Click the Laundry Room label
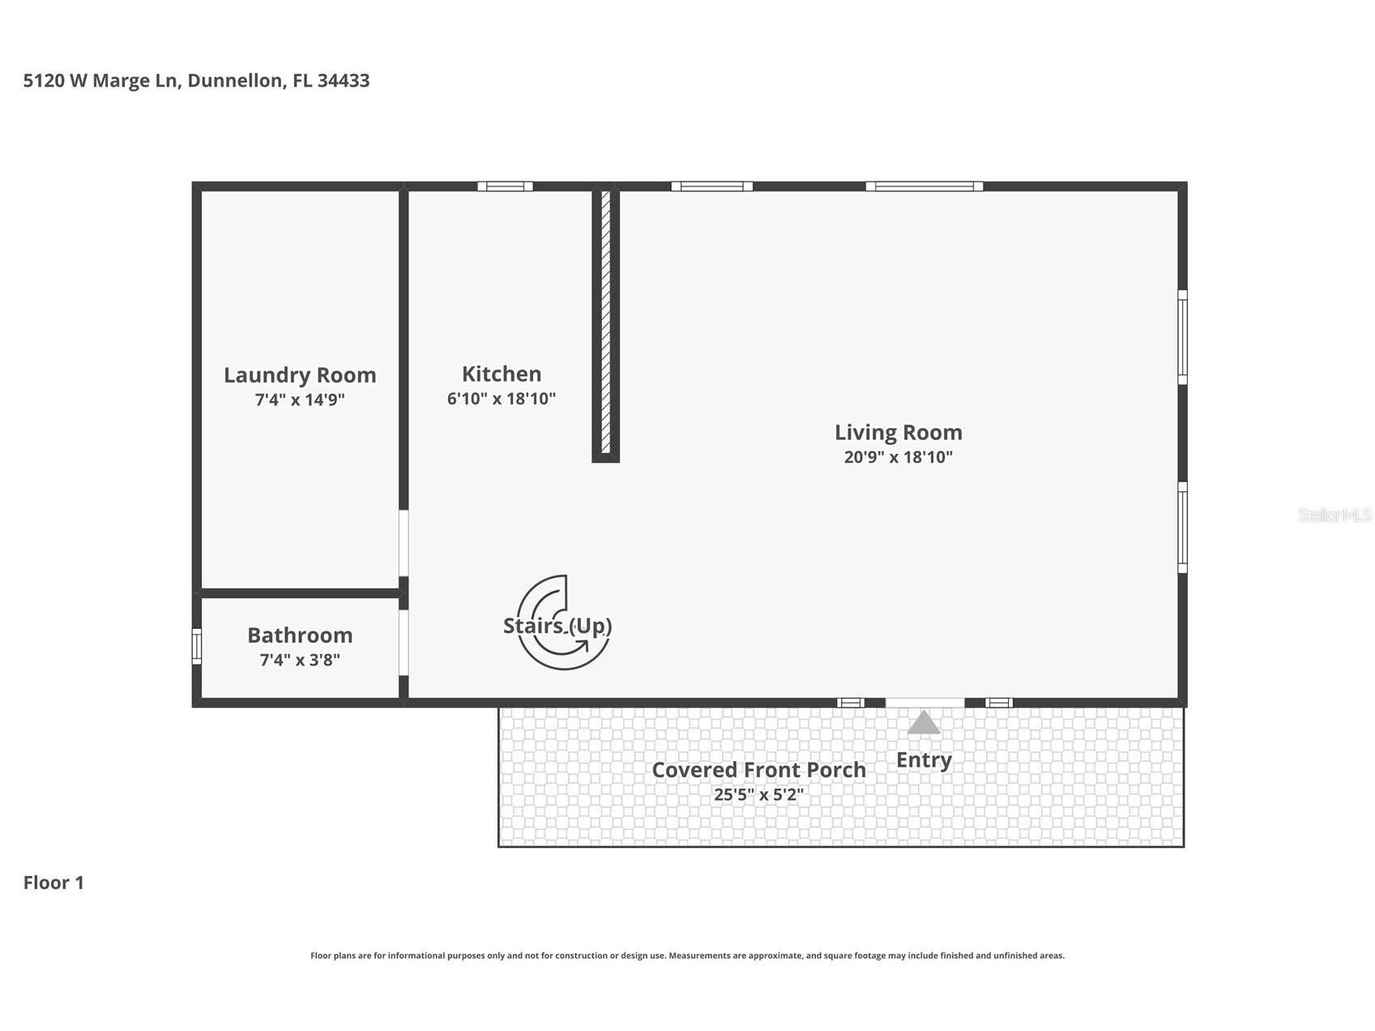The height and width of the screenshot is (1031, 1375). click(x=300, y=375)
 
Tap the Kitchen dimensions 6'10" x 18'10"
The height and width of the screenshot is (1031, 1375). click(x=502, y=399)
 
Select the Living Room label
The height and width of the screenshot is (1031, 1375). click(x=898, y=432)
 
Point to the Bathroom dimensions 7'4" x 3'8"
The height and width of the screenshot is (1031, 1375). click(x=300, y=660)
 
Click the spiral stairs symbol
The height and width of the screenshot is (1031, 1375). click(x=562, y=622)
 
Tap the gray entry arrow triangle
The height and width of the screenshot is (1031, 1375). click(x=924, y=723)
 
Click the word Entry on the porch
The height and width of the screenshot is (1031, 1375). click(x=924, y=760)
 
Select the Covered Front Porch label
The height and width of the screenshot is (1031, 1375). click(x=758, y=770)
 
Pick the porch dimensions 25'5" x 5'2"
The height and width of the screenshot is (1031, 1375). click(x=758, y=795)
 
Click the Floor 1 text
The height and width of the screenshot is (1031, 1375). click(x=53, y=883)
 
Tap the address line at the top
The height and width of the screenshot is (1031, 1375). click(x=197, y=80)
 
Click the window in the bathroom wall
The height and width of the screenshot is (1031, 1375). click(x=196, y=647)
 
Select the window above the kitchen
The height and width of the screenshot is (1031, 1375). click(x=505, y=186)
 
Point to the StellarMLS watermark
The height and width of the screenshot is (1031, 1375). click(x=1334, y=515)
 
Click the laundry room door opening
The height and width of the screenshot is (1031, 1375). click(x=404, y=542)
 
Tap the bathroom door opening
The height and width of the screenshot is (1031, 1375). click(x=404, y=642)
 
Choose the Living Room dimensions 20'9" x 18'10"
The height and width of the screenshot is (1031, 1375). click(x=898, y=457)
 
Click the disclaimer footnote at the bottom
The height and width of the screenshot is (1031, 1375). click(x=687, y=956)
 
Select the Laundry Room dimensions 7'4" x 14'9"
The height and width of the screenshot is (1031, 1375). click(x=300, y=400)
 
